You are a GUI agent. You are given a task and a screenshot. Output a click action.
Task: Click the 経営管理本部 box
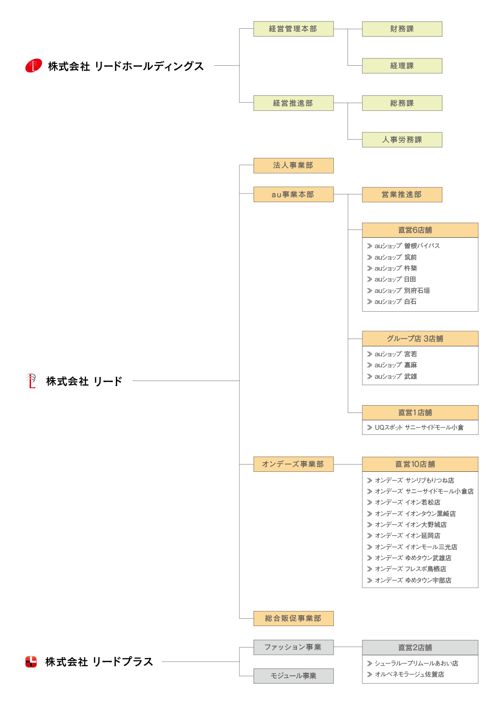tap(293, 29)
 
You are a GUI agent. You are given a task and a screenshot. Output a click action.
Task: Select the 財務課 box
tap(402, 29)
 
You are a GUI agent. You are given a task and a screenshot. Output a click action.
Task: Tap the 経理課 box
tap(402, 66)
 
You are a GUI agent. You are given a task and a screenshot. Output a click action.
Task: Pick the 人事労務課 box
tap(402, 140)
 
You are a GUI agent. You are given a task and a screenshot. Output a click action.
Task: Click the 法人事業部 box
tap(293, 166)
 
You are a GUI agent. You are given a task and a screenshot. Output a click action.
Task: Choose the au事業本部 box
tap(293, 194)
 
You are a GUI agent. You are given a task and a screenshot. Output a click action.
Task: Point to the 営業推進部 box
tap(402, 194)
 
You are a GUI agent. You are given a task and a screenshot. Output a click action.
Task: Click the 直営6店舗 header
tap(420, 230)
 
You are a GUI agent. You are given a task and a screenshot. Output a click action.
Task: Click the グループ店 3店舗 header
tap(420, 339)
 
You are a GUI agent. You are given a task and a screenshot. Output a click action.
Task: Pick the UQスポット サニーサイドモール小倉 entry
tap(415, 428)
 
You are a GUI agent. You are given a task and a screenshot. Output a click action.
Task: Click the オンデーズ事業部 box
tap(293, 464)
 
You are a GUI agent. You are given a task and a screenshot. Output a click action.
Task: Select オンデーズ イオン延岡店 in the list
tap(404, 536)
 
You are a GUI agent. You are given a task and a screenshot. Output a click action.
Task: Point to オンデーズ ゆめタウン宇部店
tap(409, 580)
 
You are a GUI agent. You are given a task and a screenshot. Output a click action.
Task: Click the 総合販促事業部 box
tap(293, 618)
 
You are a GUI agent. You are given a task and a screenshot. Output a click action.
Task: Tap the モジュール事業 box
tap(293, 676)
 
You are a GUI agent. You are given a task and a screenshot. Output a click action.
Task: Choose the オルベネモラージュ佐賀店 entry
tap(405, 674)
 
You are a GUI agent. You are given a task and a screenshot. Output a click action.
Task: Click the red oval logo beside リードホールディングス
tap(34, 65)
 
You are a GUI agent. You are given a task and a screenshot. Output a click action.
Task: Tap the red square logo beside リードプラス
tap(31, 662)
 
